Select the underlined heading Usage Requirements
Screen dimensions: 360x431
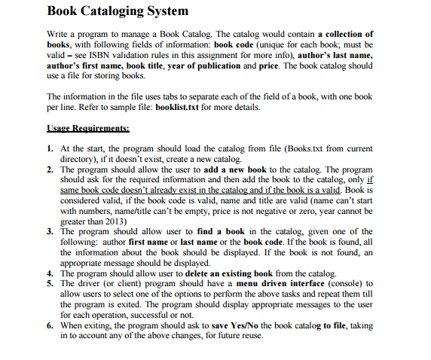[x=87, y=129]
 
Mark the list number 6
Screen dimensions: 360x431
[x=49, y=325]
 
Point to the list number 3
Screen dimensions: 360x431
[x=49, y=232]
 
